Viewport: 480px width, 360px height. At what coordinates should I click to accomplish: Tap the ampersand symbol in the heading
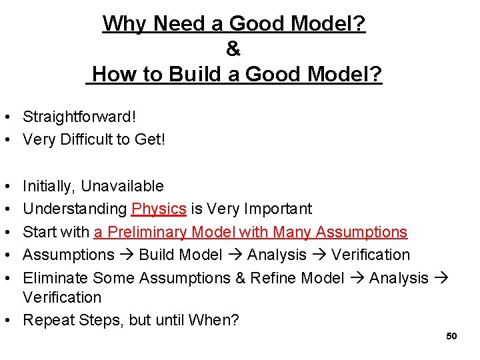tap(233, 49)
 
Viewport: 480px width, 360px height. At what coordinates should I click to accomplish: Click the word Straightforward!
tap(79, 117)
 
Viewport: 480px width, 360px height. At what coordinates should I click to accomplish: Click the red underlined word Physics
tap(159, 209)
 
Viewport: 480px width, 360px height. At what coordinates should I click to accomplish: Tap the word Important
tap(279, 209)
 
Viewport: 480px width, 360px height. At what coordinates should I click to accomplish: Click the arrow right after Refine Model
tap(357, 278)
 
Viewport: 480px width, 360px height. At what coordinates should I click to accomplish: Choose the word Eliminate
tap(56, 278)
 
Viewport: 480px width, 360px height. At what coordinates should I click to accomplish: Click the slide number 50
tap(451, 336)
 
